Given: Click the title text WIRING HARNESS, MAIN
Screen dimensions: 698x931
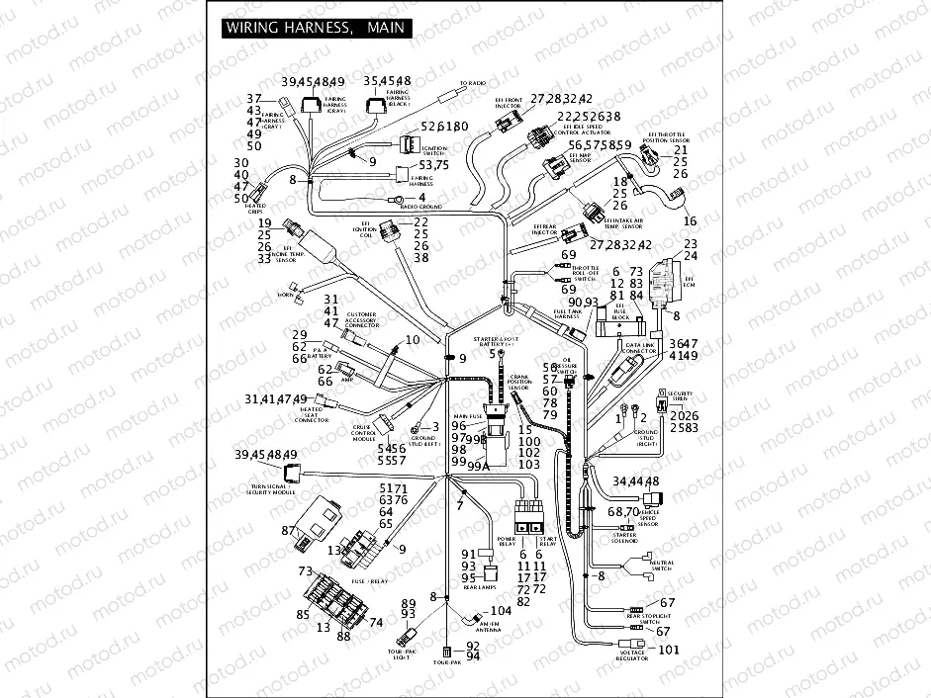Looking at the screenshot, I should coord(315,28).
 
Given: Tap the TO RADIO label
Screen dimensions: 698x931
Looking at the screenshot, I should coord(474,83).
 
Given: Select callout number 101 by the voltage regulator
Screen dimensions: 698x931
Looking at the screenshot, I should coord(670,650).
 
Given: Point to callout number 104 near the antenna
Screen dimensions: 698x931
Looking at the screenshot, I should coord(502,611).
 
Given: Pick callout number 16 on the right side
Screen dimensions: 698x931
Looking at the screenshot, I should coord(690,220).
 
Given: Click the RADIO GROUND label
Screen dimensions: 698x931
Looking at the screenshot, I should coord(420,207).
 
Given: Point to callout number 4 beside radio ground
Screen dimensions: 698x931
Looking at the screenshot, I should coord(421,198).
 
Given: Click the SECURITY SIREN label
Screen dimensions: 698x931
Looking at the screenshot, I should coord(680,395).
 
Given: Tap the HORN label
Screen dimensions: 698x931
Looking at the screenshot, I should coord(285,295).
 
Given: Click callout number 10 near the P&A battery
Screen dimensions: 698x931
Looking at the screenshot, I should coord(412,339).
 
